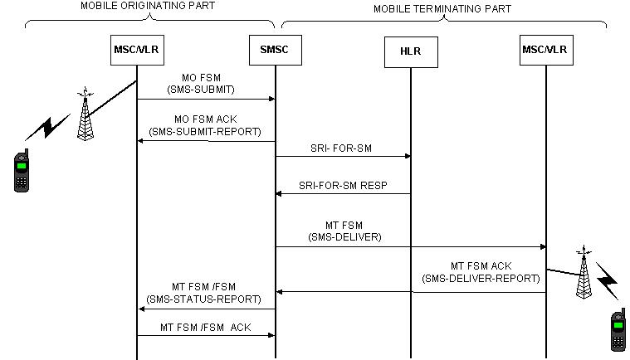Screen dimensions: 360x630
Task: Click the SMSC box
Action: pos(274,51)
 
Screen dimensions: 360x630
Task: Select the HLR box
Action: pos(411,53)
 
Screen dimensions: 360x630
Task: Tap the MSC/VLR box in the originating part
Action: pos(136,51)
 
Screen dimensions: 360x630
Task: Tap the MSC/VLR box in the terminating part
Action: pos(545,50)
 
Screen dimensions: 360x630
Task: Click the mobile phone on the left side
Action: pos(22,171)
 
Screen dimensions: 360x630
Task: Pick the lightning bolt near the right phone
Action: pos(608,281)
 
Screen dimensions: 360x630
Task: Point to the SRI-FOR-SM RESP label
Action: pos(343,185)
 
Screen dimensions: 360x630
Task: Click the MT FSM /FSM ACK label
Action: pos(205,327)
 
